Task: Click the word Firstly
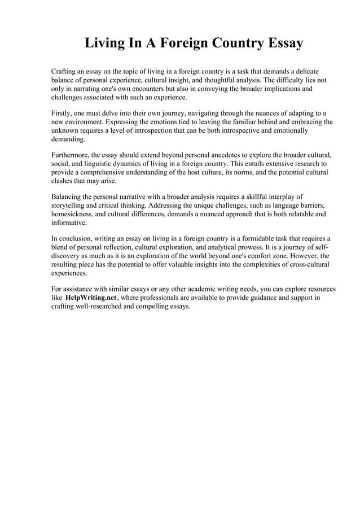click(x=63, y=112)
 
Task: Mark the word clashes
click(x=63, y=181)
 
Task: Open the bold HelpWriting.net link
click(x=91, y=298)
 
